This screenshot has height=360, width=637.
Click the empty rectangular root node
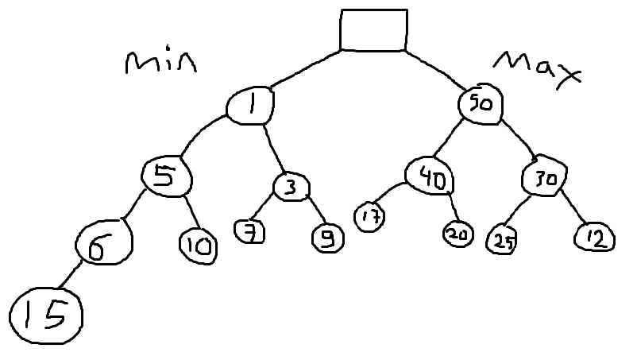[x=373, y=30]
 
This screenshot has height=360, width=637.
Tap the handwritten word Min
[x=160, y=64]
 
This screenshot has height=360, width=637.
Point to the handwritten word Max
[x=537, y=68]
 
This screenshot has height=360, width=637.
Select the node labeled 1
[x=250, y=104]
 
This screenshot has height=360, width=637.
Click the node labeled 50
[x=481, y=103]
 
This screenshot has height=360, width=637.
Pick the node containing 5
[x=165, y=175]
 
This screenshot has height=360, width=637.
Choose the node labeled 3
[x=291, y=187]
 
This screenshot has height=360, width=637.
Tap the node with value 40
[x=429, y=176]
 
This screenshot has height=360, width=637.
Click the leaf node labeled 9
[x=327, y=238]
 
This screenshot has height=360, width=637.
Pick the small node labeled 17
[x=369, y=217]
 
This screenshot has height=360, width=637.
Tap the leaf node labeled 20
[x=458, y=234]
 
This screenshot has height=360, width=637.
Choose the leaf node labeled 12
[x=594, y=237]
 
